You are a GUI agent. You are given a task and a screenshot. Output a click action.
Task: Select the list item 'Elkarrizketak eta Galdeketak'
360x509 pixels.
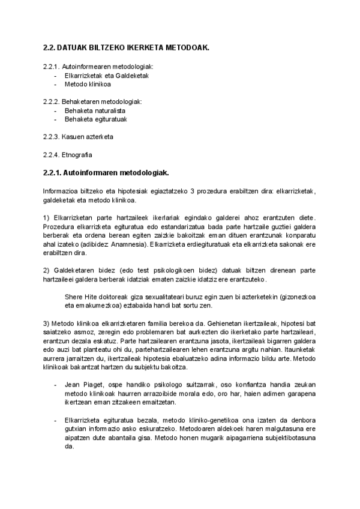(x=106, y=76)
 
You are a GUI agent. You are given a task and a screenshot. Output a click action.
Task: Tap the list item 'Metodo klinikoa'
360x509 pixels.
(x=88, y=85)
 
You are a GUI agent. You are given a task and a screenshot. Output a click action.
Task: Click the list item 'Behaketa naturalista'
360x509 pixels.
(x=95, y=111)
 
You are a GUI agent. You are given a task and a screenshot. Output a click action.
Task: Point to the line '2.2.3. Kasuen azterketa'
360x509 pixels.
(x=78, y=137)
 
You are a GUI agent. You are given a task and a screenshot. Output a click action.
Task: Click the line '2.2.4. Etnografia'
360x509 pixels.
(x=68, y=155)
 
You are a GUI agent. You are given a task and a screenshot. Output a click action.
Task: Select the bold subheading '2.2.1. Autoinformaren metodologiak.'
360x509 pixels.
(x=106, y=173)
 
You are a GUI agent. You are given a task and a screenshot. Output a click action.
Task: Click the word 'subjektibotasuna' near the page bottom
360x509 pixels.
(x=288, y=439)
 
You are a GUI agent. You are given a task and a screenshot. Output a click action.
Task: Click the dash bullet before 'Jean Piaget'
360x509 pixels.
(x=56, y=384)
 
